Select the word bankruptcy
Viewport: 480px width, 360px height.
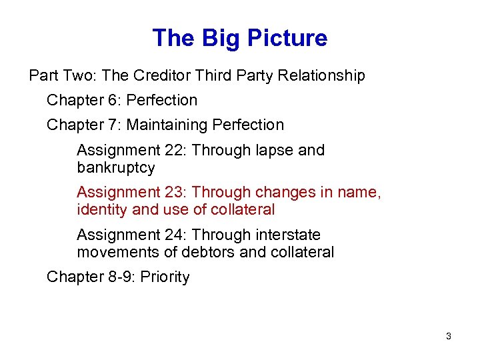click(116, 167)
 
